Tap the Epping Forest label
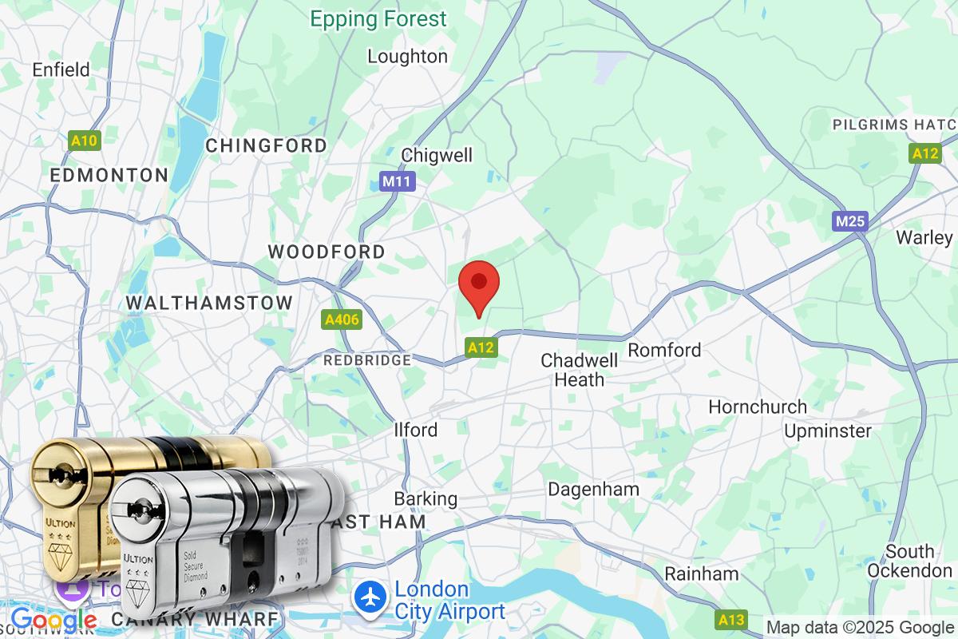click(x=379, y=19)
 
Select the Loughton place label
click(x=407, y=56)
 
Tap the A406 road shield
click(x=342, y=320)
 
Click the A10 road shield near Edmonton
click(x=84, y=141)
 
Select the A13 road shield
click(x=730, y=619)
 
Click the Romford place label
click(x=664, y=350)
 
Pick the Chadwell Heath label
click(x=580, y=370)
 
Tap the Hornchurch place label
click(x=758, y=407)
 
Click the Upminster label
click(x=828, y=431)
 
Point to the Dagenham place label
click(x=594, y=489)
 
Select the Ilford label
click(x=416, y=430)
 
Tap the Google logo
click(x=54, y=620)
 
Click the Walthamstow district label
click(x=209, y=304)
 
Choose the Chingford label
click(x=267, y=145)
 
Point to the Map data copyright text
click(x=860, y=627)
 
